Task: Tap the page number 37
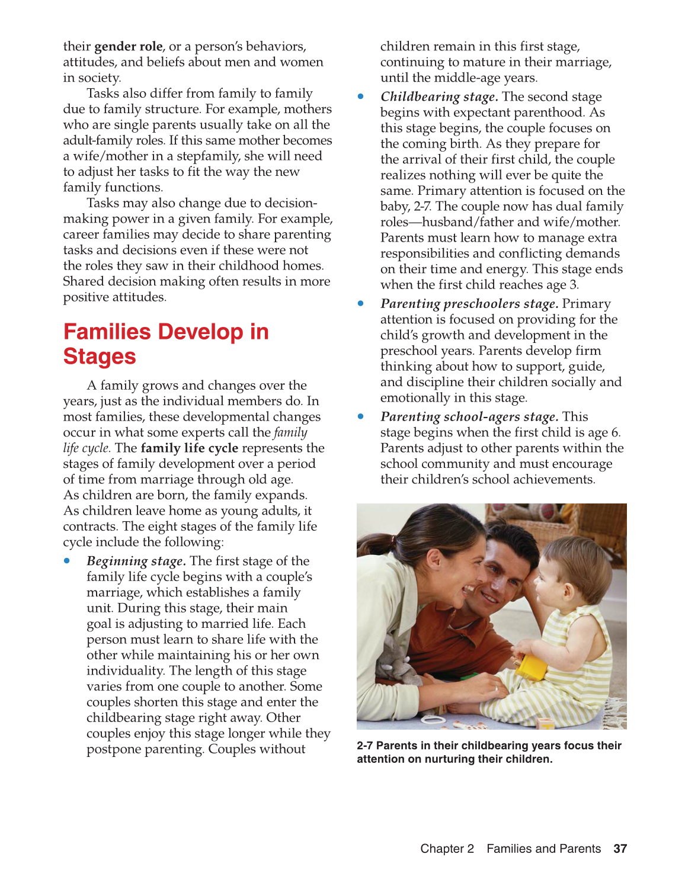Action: (x=620, y=849)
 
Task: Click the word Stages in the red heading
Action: (x=100, y=357)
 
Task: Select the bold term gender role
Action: (x=128, y=46)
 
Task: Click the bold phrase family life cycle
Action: (x=189, y=448)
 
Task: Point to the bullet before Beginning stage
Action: (x=67, y=560)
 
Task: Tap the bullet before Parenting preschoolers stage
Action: (x=360, y=303)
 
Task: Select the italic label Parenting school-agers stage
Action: (x=469, y=416)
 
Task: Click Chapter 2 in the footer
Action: (x=447, y=849)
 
